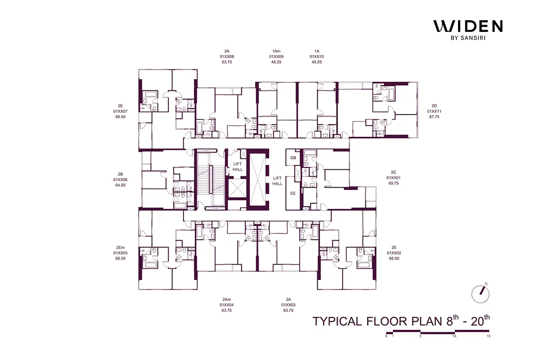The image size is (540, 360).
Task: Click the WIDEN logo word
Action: (468, 27)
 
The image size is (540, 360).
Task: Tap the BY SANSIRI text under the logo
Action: (468, 38)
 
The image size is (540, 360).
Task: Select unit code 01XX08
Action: (227, 57)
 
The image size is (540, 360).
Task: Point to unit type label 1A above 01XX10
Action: (317, 51)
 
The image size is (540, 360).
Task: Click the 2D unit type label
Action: (435, 106)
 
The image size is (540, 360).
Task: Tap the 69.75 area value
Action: (393, 183)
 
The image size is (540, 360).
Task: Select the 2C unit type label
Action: (393, 172)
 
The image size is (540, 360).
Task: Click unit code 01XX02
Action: (394, 253)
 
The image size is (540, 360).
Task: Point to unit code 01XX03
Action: (288, 305)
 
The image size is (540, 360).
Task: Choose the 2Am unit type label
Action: (226, 299)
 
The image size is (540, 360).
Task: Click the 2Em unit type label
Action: (120, 247)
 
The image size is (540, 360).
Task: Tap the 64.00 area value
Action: (120, 185)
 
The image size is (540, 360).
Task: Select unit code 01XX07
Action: (120, 111)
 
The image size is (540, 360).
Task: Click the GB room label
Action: (293, 158)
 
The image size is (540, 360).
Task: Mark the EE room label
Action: (293, 193)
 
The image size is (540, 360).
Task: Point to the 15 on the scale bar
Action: (488, 336)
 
